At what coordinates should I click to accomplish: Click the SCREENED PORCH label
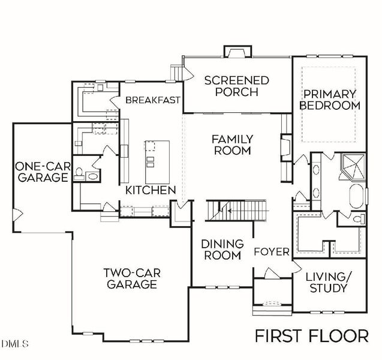237,86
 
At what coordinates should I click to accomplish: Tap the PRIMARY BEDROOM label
329,100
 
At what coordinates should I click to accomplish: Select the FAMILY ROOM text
232,145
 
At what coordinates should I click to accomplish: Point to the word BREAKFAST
153,100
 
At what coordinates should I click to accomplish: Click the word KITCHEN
151,190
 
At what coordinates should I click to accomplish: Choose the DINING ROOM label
222,250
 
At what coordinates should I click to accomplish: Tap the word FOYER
271,251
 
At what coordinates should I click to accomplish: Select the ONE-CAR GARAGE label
41,172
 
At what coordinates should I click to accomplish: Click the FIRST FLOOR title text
312,335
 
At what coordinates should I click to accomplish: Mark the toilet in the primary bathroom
357,220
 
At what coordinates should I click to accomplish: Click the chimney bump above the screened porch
233,51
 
